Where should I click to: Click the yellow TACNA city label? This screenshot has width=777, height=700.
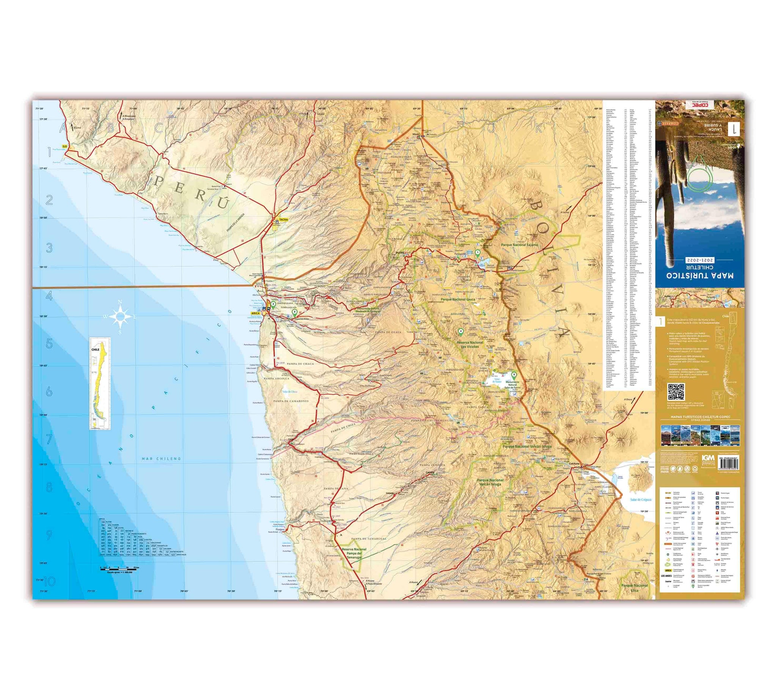[283, 220]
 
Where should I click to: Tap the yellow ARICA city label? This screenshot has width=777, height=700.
[255, 313]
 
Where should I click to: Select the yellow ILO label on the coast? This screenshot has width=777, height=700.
[64, 147]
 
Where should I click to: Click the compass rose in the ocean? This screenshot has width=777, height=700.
[120, 316]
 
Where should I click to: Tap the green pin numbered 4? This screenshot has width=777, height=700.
[461, 332]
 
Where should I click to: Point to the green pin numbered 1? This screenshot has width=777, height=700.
[477, 253]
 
